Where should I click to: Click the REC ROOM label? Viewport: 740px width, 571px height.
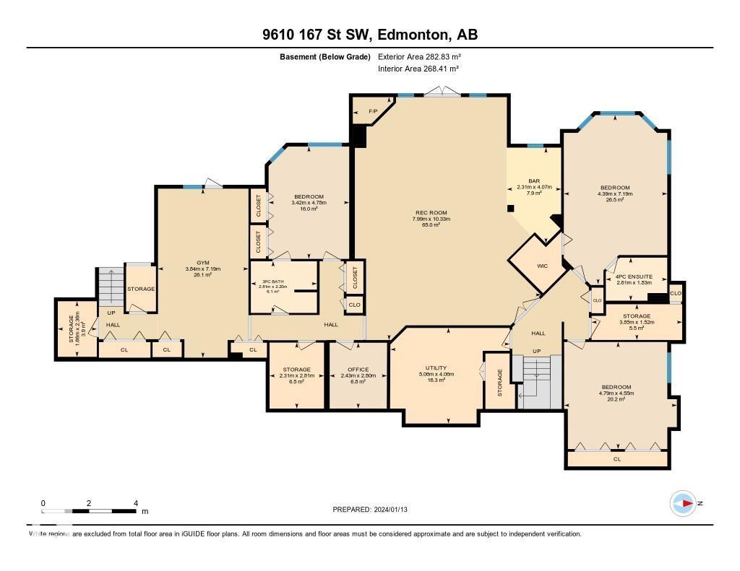coord(431,212)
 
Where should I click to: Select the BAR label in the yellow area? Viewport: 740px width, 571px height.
coord(535,181)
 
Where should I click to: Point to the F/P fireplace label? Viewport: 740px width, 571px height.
coord(373,111)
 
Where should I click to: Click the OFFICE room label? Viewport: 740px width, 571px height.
coord(358,370)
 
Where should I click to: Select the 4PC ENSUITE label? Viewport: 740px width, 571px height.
coord(633,276)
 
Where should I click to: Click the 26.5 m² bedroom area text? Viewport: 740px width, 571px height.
coord(615,200)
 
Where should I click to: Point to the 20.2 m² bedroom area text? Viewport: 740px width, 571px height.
coord(615,399)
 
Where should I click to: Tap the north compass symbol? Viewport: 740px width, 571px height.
coord(683,503)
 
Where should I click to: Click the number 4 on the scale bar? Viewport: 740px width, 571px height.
coord(136,503)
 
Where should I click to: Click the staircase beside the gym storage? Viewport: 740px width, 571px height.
coord(111,288)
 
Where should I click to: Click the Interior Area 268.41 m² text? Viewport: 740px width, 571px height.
coord(418,69)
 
